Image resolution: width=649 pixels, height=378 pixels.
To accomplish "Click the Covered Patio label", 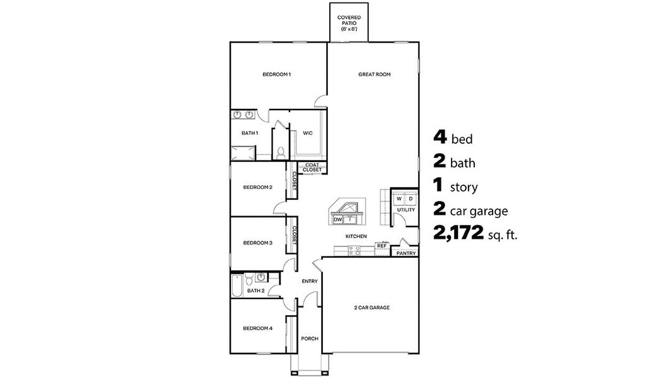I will click(349, 23).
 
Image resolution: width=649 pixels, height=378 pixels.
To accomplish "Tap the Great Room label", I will click(375, 74).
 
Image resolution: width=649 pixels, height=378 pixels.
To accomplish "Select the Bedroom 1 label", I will click(276, 74).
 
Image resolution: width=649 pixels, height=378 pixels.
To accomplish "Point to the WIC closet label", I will click(308, 133).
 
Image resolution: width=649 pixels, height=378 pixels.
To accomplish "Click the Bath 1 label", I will click(250, 133).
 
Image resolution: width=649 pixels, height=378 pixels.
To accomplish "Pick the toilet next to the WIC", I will click(280, 152).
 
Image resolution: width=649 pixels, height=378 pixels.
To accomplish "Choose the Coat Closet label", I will click(312, 168).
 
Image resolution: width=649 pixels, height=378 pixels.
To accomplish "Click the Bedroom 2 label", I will click(257, 187).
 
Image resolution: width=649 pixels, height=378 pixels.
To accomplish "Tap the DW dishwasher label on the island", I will click(337, 219).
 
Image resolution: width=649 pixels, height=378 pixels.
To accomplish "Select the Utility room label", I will click(406, 210).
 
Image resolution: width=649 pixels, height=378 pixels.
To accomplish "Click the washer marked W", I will click(399, 199).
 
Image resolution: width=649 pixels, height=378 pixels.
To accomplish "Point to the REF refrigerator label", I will click(382, 246).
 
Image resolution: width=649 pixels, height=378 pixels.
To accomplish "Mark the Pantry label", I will click(406, 253).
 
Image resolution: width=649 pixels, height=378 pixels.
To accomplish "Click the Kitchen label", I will click(356, 236).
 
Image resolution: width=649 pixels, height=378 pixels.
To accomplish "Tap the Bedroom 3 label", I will click(257, 243).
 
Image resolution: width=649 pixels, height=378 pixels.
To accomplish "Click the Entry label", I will click(310, 281).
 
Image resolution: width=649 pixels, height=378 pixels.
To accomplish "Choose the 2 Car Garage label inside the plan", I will click(371, 307).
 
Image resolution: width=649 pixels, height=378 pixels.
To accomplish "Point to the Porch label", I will click(310, 338).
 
